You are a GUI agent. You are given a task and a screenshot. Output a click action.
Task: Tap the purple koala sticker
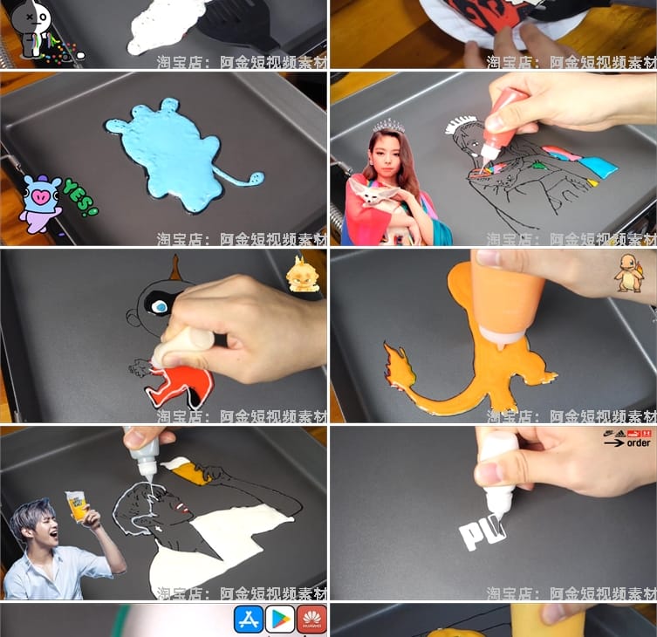click(x=39, y=202)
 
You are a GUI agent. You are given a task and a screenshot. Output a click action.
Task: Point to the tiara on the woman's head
click(x=389, y=127)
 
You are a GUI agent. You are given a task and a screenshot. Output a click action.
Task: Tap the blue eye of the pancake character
click(x=160, y=306)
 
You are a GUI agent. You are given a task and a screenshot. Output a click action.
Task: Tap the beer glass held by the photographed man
click(x=76, y=504)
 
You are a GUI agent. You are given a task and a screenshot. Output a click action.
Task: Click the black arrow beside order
click(x=613, y=442)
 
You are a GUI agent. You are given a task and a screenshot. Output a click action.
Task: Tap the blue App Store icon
click(x=249, y=619)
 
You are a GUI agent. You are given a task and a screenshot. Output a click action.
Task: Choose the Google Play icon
click(x=280, y=619)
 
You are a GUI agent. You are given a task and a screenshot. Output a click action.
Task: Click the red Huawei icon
click(x=311, y=619)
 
